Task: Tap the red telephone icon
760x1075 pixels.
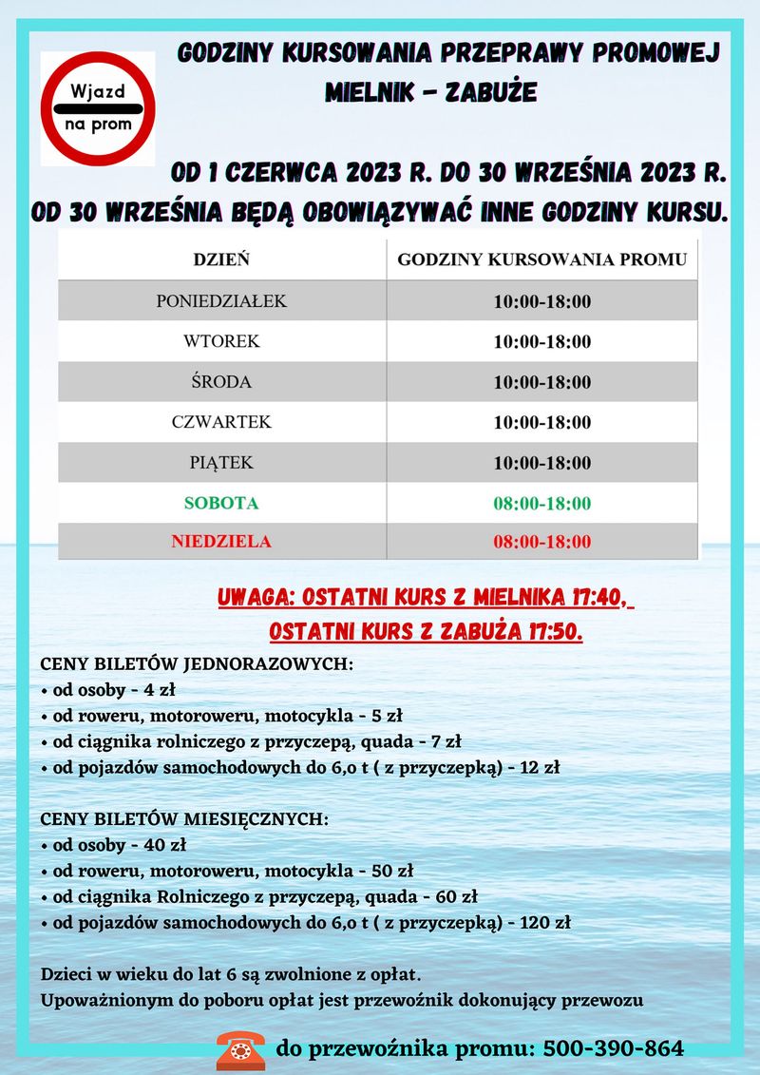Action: click(x=239, y=1048)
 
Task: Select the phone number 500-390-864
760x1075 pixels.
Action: click(x=612, y=1048)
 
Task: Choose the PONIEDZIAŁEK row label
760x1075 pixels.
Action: click(x=221, y=301)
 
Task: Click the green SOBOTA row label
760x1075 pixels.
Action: click(x=221, y=503)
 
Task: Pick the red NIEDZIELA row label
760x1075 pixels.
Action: click(x=221, y=542)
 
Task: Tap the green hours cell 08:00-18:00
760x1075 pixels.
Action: click(x=541, y=503)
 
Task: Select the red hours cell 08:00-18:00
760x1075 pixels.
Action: click(x=541, y=543)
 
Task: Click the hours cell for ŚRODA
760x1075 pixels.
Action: click(x=541, y=382)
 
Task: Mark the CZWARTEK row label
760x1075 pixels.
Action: click(x=221, y=422)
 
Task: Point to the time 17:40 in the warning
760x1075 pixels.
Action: click(x=595, y=598)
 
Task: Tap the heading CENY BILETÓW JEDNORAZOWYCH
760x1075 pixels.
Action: click(x=197, y=663)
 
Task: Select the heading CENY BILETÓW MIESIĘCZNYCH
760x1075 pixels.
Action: click(x=185, y=818)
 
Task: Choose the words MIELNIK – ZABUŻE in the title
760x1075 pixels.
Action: click(x=430, y=92)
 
